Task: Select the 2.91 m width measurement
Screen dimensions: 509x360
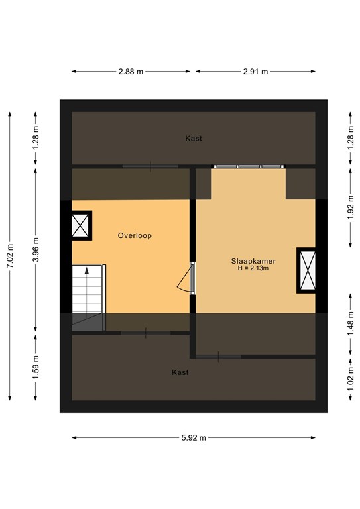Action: coord(256,72)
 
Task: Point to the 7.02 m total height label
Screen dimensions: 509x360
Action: coord(10,255)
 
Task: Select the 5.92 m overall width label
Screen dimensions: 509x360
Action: coord(194,437)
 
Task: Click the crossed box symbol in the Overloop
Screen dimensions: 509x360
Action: coord(82,225)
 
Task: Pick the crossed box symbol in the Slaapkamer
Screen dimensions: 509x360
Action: coord(306,270)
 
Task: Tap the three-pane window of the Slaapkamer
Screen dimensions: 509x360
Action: coord(249,166)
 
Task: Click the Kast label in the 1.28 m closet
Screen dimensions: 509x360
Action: coord(194,139)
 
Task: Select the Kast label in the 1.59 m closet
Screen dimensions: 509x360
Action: coord(180,372)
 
